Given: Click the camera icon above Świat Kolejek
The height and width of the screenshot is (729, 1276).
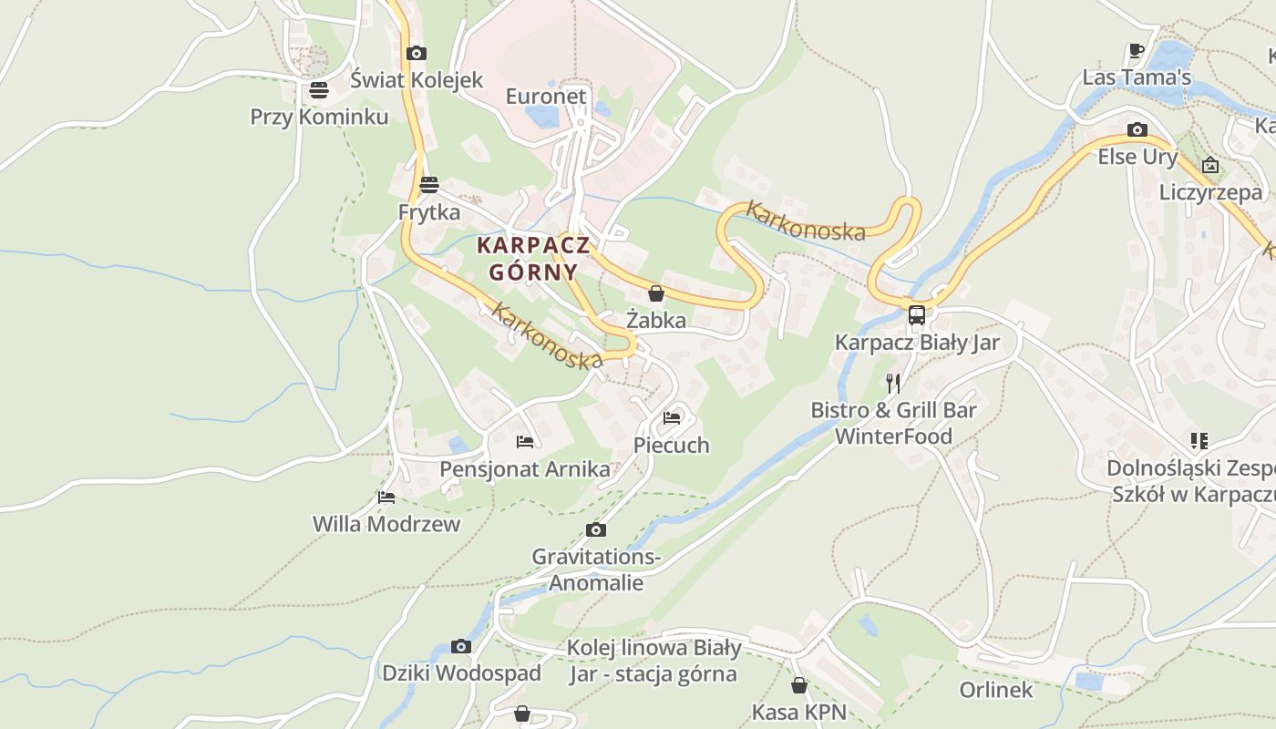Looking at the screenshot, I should [417, 54].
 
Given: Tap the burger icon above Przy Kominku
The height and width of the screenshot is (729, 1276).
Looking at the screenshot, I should [318, 90].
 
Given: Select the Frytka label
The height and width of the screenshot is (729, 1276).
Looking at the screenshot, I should [429, 212].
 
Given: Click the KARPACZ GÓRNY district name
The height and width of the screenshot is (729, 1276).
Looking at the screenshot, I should [533, 259].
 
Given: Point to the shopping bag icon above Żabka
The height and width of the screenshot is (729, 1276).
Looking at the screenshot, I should [655, 293].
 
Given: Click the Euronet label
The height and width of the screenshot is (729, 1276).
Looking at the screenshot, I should [546, 96].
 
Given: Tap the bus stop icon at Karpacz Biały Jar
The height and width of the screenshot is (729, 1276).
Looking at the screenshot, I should [917, 315].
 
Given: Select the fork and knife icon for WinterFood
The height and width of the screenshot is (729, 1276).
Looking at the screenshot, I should [893, 383].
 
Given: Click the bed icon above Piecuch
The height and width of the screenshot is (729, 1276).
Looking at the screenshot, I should [672, 418].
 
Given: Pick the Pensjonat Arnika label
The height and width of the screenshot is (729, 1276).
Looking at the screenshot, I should [525, 469].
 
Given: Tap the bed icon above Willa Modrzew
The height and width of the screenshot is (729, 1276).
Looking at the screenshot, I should [386, 498].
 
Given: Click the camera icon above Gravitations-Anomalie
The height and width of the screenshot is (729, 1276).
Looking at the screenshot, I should [595, 530].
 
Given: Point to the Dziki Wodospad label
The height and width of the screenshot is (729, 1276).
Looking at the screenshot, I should [461, 673].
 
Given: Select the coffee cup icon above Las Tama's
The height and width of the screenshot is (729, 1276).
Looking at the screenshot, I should [1136, 51].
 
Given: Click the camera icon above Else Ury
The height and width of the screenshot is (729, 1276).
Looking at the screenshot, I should [1137, 130].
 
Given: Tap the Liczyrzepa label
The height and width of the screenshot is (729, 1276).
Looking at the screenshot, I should [1210, 192].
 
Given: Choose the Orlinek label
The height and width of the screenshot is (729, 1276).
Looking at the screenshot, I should [996, 690].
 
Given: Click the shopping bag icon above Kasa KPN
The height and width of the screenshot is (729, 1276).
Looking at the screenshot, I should [799, 685].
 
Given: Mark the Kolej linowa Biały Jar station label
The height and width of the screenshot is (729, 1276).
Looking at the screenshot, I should [653, 662].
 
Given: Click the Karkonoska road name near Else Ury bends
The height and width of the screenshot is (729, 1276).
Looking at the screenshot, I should [805, 221].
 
